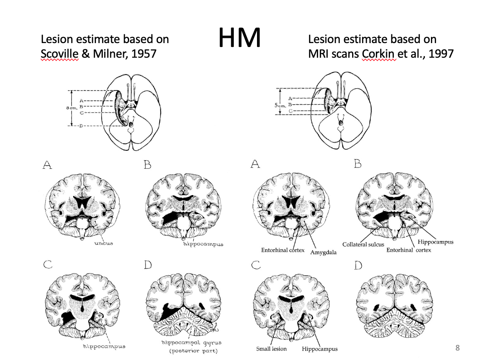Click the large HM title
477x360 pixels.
tap(240, 38)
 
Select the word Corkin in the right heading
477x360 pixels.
tap(379, 54)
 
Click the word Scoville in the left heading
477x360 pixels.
tap(59, 54)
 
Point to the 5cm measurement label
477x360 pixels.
tap(280, 104)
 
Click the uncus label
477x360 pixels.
tap(104, 244)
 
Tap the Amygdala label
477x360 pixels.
tap(323, 252)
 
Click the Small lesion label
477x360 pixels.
tap(271, 349)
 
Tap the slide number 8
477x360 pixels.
tap(458, 347)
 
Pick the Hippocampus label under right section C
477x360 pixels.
tap(319, 349)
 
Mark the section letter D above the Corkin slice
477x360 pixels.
tap(358, 266)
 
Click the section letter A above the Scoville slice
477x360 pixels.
tap(48, 165)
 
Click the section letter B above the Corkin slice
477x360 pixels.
tap(357, 164)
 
